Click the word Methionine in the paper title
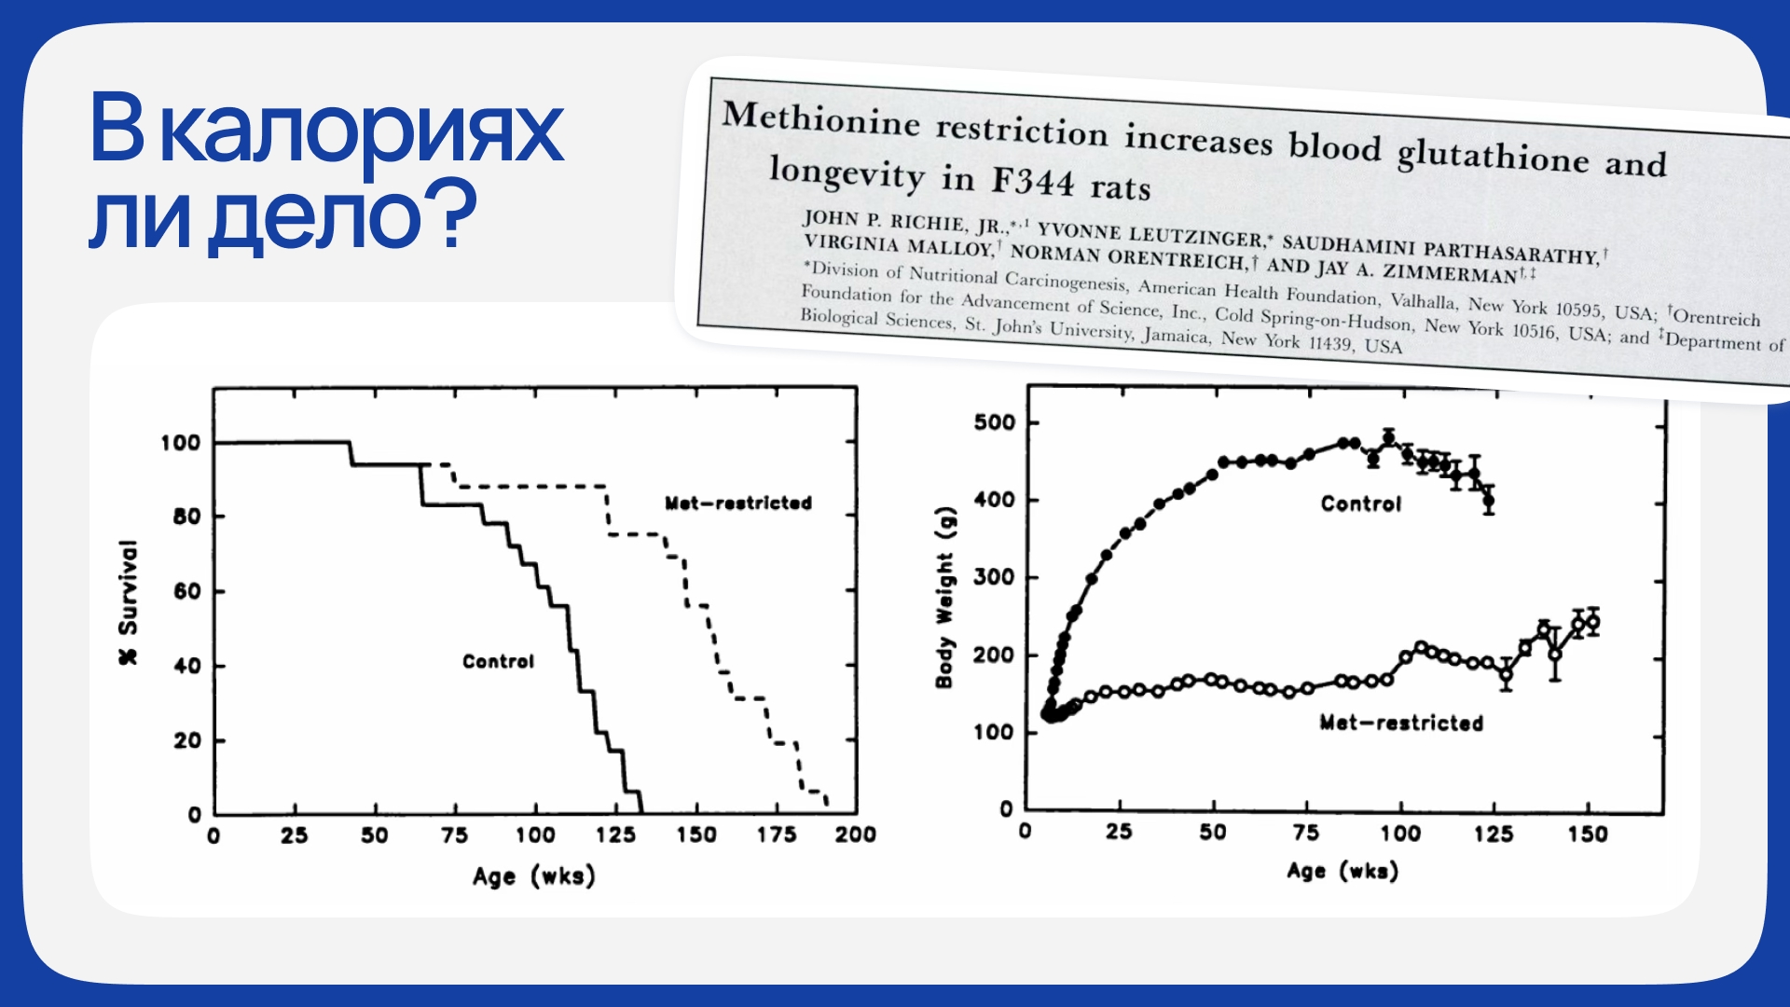pos(820,119)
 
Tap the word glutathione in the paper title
pos(1493,156)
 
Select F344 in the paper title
pos(1032,181)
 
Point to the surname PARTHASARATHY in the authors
pos(1510,252)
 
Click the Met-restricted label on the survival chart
pos(737,504)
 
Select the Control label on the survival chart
pos(498,661)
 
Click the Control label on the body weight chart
pos(1360,504)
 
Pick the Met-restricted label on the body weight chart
pos(1400,723)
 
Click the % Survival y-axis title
pos(128,602)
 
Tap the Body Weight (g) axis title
pos(944,598)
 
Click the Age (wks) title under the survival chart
pos(533,876)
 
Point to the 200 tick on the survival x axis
pos(855,835)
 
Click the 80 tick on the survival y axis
pos(186,517)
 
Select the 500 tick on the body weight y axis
pos(994,422)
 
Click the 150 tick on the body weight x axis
pos(1587,833)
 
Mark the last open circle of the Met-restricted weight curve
pos(1592,622)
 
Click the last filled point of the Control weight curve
pos(1489,501)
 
